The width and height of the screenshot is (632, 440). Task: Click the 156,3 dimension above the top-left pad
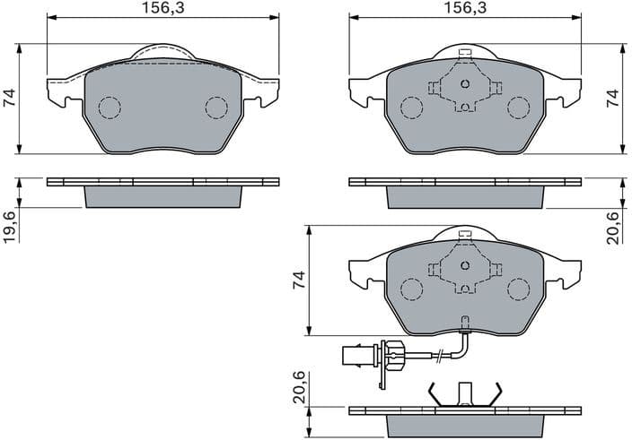[162, 8]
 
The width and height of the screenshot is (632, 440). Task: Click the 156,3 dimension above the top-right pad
[465, 8]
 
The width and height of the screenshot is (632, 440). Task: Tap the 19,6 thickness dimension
[9, 225]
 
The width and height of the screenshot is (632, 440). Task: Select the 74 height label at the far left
[9, 98]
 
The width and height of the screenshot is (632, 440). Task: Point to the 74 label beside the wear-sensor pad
[300, 279]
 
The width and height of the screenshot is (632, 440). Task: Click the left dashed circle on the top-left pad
[109, 108]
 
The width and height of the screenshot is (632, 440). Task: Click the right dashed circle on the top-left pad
[216, 108]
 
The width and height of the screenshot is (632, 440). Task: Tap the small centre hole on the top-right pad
[465, 85]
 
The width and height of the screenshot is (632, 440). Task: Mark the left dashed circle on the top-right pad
[411, 108]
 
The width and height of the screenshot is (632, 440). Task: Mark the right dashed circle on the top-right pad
[519, 108]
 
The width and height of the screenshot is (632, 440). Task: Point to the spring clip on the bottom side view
[465, 393]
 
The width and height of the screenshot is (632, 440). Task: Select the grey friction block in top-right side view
[465, 195]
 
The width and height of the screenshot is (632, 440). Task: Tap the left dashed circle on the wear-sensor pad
[411, 289]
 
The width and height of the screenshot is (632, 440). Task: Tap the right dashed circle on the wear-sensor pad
[519, 289]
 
